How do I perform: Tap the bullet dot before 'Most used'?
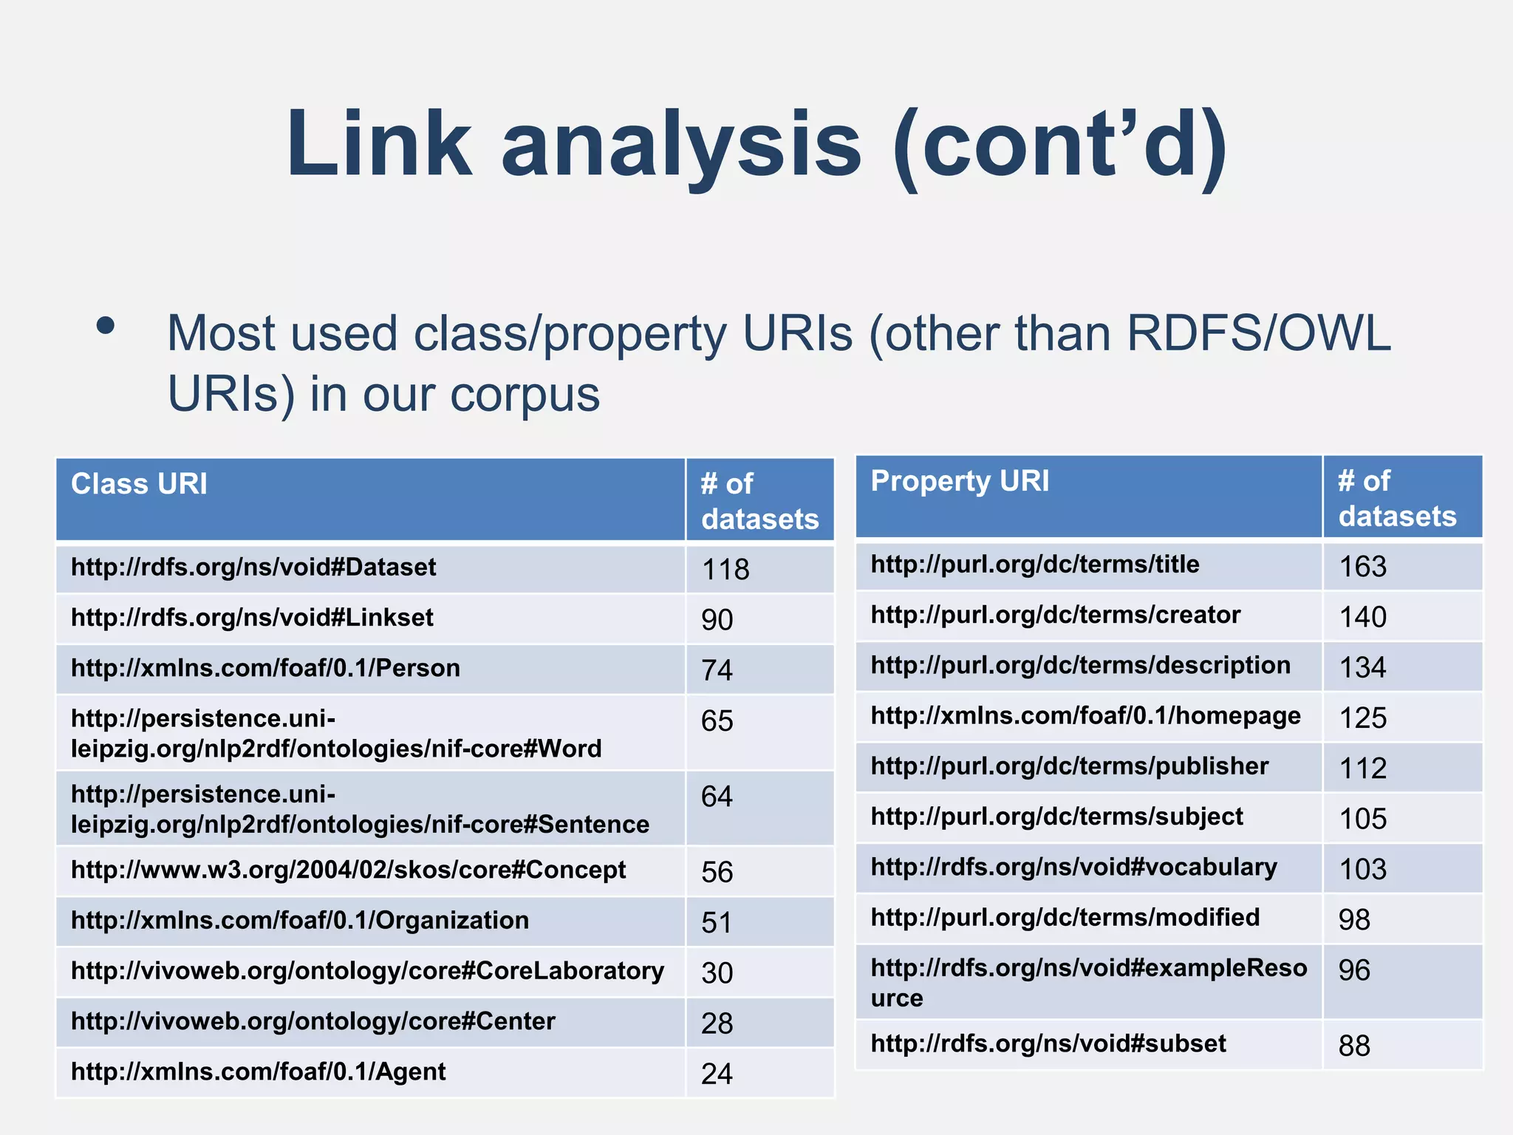click(106, 326)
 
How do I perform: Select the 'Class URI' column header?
click(139, 484)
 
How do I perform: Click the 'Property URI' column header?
click(960, 481)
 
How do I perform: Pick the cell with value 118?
click(725, 570)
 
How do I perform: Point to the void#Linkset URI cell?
click(252, 618)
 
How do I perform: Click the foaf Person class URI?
click(265, 668)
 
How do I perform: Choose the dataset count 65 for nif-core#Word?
click(717, 721)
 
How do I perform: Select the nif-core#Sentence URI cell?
click(360, 809)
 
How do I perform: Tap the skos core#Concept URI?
click(348, 870)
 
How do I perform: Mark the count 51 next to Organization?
click(717, 923)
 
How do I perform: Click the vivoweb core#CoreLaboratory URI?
click(367, 971)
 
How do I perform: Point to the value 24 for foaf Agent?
click(717, 1074)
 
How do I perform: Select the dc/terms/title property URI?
click(1035, 565)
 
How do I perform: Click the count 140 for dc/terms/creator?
click(1363, 617)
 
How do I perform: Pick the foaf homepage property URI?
click(1085, 716)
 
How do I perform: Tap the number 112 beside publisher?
click(1363, 768)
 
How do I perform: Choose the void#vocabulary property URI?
click(1073, 867)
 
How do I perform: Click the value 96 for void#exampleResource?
click(1354, 970)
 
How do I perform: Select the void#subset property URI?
click(1048, 1043)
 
